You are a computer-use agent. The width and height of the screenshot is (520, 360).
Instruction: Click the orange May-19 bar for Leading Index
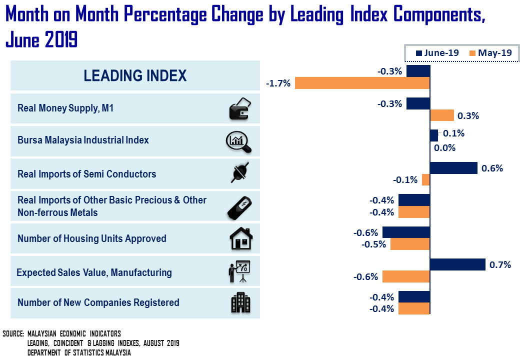pyautogui.click(x=362, y=83)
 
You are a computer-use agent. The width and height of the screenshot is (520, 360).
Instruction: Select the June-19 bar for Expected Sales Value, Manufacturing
pyautogui.click(x=457, y=264)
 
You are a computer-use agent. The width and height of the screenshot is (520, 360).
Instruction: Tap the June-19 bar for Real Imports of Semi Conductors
pyautogui.click(x=453, y=168)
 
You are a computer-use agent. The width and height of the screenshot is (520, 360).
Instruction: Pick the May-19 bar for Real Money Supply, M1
pyautogui.click(x=442, y=115)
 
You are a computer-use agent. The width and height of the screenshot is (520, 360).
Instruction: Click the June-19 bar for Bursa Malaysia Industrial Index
pyautogui.click(x=434, y=135)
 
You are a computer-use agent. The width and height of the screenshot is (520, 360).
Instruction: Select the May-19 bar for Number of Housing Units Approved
pyautogui.click(x=410, y=244)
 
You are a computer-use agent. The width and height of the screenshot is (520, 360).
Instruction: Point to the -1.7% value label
pyautogui.click(x=278, y=83)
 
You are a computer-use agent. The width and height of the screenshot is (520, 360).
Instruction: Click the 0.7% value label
pyautogui.click(x=500, y=265)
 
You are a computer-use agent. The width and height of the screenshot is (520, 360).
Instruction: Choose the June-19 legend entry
pyautogui.click(x=438, y=53)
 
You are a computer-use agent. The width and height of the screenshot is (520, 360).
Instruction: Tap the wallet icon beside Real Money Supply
pyautogui.click(x=239, y=109)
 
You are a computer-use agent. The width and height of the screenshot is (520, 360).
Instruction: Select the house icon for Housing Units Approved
pyautogui.click(x=241, y=238)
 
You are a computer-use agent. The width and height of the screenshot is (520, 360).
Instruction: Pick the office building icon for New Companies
pyautogui.click(x=240, y=302)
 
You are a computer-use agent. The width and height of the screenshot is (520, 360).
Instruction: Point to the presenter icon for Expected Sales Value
pyautogui.click(x=239, y=271)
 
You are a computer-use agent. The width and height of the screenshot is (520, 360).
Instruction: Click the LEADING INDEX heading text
pyautogui.click(x=135, y=75)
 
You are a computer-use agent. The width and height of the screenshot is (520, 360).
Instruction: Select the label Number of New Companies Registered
pyautogui.click(x=98, y=302)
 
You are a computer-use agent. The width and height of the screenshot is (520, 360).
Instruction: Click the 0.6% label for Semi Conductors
pyautogui.click(x=492, y=168)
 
